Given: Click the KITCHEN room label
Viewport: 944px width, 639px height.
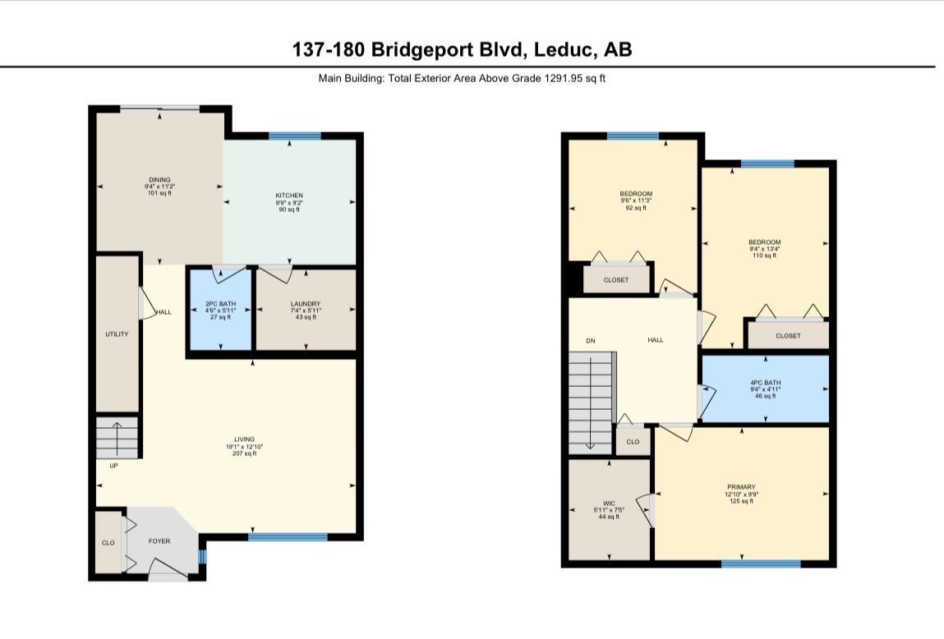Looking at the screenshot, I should tap(289, 195).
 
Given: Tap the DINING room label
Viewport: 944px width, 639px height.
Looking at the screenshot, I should tap(159, 180).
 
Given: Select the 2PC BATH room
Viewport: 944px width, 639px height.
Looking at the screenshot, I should tap(220, 310).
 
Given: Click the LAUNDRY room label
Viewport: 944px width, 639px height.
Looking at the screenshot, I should tap(305, 304).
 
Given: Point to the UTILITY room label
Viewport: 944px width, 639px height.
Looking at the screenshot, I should tap(117, 334).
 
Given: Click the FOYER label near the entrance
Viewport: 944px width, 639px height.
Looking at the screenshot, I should tap(159, 542).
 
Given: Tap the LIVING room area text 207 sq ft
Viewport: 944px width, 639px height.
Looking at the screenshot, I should tap(244, 453).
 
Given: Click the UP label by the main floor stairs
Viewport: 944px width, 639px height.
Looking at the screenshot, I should tap(113, 466).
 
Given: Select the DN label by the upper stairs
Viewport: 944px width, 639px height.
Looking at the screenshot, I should tap(590, 340).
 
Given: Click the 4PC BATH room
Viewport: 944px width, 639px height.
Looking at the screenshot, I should tap(765, 383).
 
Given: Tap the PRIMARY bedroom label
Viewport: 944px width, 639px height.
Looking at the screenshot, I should tap(741, 487).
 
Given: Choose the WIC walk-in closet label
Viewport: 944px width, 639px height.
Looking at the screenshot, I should tap(609, 503).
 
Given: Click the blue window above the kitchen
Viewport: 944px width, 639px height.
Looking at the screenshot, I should tap(294, 136).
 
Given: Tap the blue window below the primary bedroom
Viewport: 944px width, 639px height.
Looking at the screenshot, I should tap(761, 564).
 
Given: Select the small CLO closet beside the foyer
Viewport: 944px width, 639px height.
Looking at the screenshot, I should tap(108, 543).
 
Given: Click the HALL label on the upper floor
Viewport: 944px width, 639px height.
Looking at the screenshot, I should tap(655, 340).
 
